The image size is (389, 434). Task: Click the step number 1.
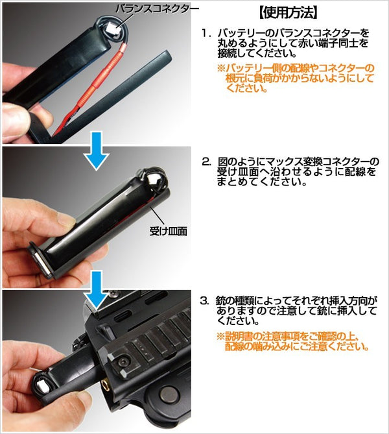[206, 32]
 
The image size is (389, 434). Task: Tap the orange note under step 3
[292, 341]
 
